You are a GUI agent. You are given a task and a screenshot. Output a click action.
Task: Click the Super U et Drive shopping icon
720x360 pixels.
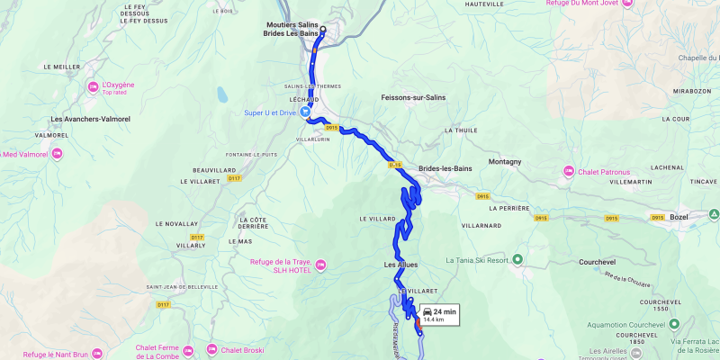(x=306, y=112)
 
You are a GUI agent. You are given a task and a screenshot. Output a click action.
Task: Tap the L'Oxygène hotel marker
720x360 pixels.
(x=94, y=87)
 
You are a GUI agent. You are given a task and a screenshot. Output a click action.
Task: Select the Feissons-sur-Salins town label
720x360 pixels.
(x=414, y=97)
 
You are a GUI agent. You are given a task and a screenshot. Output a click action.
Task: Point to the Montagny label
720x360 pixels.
(x=505, y=161)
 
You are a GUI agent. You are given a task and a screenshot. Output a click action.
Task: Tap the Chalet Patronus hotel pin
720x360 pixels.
(x=569, y=171)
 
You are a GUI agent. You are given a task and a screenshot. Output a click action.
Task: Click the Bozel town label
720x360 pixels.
(x=679, y=217)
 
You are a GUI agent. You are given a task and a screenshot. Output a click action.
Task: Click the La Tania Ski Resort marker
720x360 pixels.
(x=518, y=261)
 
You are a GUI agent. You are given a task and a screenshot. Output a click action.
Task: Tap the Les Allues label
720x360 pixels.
(x=400, y=265)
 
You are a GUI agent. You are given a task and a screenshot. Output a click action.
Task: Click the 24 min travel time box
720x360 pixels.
(x=440, y=315)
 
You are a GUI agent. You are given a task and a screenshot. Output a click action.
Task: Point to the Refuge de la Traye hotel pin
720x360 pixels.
(x=321, y=265)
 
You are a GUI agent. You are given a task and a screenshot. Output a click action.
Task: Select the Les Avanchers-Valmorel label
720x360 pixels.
(x=91, y=119)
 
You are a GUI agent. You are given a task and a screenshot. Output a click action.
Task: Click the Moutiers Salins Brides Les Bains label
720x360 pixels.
(x=292, y=29)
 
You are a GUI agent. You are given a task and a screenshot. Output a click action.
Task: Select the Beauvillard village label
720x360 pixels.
(x=213, y=169)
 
